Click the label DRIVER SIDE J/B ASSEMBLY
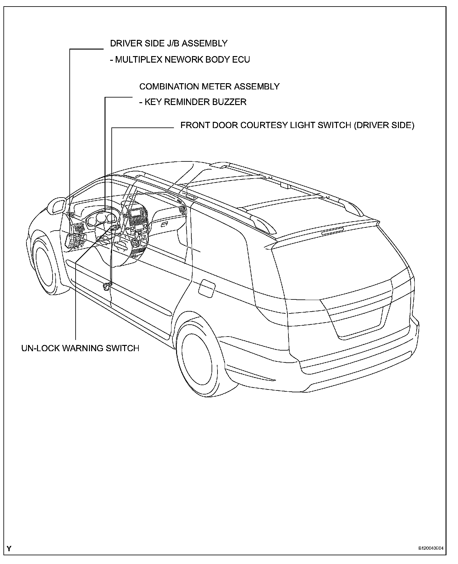point(169,43)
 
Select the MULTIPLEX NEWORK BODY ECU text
point(180,60)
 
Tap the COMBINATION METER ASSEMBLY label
point(209,86)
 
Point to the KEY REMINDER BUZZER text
point(193,102)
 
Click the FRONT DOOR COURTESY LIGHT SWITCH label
point(297,125)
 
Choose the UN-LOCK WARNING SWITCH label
point(80,348)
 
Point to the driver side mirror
point(58,206)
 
